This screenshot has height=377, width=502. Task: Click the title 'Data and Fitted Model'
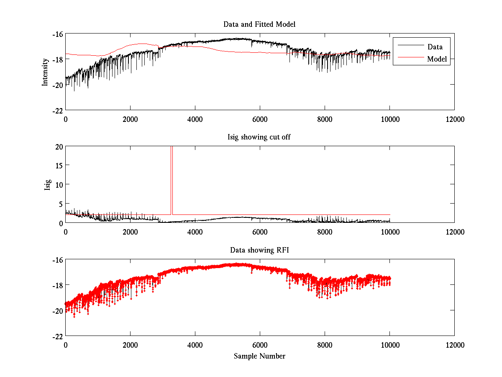pyautogui.click(x=259, y=24)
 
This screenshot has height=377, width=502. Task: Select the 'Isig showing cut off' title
pyautogui.click(x=259, y=137)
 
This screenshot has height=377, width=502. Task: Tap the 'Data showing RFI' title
pyautogui.click(x=259, y=250)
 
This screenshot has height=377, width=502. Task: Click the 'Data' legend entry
pyautogui.click(x=435, y=46)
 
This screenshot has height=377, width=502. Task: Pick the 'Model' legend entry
pyautogui.click(x=437, y=59)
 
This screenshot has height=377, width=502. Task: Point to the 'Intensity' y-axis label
pyautogui.click(x=45, y=72)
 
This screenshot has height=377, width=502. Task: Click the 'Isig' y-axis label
pyautogui.click(x=48, y=185)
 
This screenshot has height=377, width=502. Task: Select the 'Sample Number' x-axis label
pyautogui.click(x=259, y=356)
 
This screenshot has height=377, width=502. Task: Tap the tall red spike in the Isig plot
pyautogui.click(x=172, y=180)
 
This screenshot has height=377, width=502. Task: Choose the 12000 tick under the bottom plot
pyautogui.click(x=454, y=345)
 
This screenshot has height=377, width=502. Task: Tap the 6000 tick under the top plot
pyautogui.click(x=260, y=119)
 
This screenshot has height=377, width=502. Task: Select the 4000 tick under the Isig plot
pyautogui.click(x=195, y=232)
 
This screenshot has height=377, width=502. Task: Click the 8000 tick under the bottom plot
pyautogui.click(x=325, y=345)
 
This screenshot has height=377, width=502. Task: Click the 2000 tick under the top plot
pyautogui.click(x=130, y=119)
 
